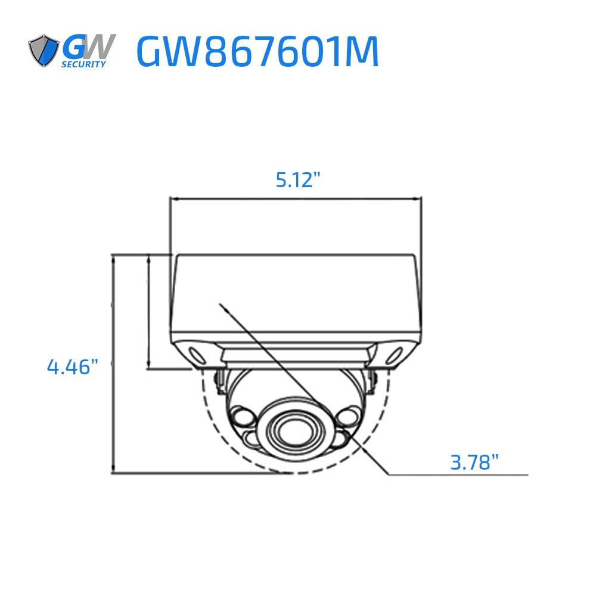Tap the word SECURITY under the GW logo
point(85,64)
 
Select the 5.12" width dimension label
point(302,179)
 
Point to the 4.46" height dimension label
point(72,367)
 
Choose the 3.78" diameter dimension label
point(474,461)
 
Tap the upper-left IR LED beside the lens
point(242,415)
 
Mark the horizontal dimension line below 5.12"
point(296,198)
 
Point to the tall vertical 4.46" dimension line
point(113,364)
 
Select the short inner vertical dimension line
point(148,310)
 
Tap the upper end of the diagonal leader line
point(222,305)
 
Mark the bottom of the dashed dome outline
point(292,474)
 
